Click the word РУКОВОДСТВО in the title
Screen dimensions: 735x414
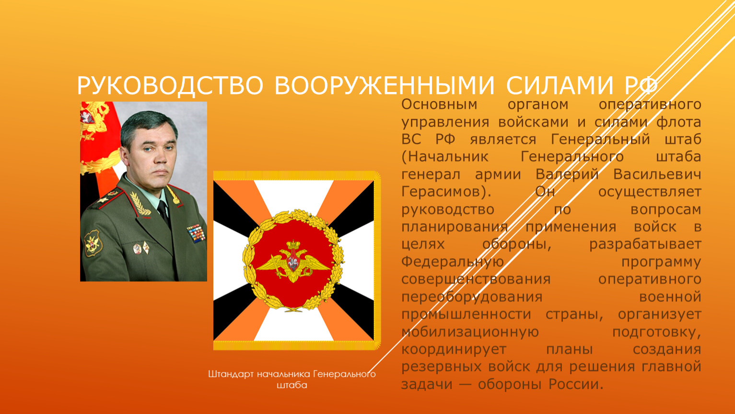point(170,86)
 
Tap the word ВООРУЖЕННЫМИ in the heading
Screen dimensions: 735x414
point(384,86)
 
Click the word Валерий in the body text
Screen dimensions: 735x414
point(567,174)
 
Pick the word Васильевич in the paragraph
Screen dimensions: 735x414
point(657,174)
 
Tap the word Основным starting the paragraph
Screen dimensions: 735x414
point(439,104)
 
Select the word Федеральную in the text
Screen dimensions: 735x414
point(453,262)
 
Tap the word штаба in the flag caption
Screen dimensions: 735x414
point(292,385)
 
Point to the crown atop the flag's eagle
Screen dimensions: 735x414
point(293,244)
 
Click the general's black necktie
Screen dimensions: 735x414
point(164,213)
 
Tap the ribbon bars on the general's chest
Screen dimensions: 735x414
point(196,233)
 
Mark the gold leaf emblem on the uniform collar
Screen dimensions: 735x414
point(140,203)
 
